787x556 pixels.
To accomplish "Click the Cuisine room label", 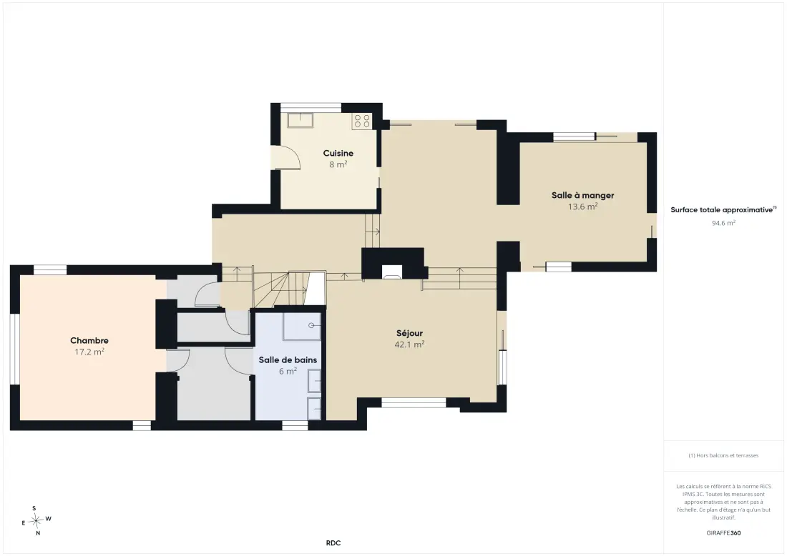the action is point(338,153).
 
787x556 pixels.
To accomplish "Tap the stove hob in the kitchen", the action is point(362,121).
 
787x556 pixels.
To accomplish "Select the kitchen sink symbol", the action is point(300,120).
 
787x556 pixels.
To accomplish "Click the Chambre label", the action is point(89,340).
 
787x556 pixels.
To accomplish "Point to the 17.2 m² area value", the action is point(89,352).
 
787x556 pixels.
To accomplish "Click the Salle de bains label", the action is point(288,359).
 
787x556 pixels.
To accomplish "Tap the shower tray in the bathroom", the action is point(302,327).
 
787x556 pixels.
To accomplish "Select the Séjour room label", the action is point(409,333).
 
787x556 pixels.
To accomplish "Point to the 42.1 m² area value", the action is point(409,344).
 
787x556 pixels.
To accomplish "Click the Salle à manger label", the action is point(582,195).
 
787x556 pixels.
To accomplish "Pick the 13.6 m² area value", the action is point(582,207).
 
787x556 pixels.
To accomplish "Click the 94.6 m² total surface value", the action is point(723,223).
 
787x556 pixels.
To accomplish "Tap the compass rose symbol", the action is point(36,521).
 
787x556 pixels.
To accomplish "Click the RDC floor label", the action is point(333,543).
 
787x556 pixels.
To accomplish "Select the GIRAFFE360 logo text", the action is point(723,533).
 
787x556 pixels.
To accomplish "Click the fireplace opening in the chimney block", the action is point(392,272).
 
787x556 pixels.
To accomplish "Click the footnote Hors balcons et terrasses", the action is point(723,455).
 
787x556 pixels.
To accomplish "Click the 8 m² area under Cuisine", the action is point(338,164).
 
